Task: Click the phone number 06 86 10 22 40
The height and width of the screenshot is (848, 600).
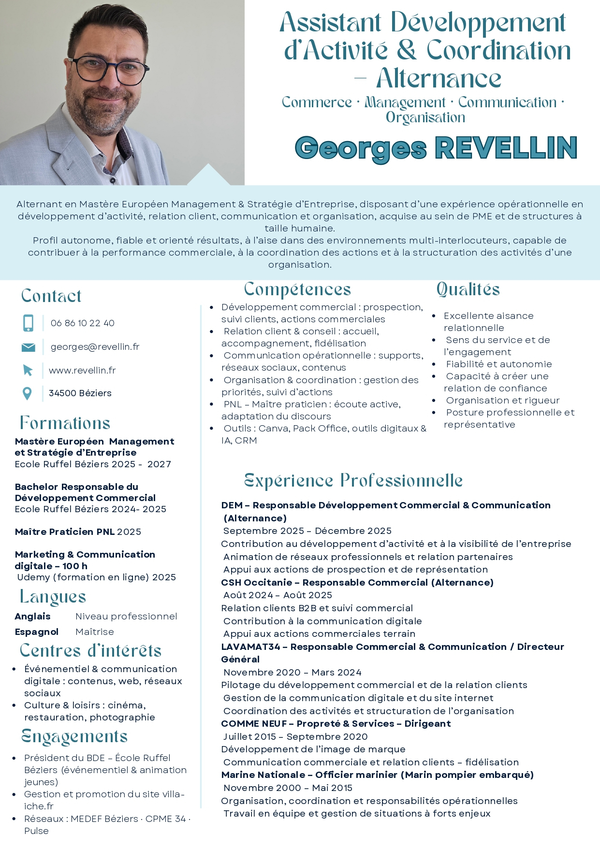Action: tap(82, 323)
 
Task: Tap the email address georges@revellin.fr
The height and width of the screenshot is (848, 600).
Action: tap(95, 347)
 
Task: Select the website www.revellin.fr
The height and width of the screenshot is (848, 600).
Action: tap(82, 371)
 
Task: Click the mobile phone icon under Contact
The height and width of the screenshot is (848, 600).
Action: tap(29, 323)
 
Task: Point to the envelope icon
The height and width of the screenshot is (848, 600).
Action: tap(28, 347)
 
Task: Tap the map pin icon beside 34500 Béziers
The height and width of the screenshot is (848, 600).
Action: tap(28, 394)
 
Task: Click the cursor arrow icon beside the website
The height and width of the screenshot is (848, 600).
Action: tap(28, 371)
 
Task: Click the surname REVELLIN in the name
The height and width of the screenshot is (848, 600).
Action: tap(506, 148)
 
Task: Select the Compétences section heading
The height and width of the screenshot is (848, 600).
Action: tap(297, 289)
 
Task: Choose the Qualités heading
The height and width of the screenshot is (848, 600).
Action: tap(468, 289)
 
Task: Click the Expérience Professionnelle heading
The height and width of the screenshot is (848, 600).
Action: tap(353, 481)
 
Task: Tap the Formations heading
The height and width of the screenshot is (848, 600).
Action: tap(65, 423)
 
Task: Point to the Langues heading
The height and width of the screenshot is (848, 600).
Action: tap(53, 597)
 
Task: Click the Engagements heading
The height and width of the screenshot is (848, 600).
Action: tap(75, 737)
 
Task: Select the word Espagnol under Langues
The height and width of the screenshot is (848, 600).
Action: tap(37, 632)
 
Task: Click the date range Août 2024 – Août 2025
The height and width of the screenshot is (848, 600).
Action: tap(278, 595)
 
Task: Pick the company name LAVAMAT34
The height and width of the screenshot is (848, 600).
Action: tap(250, 647)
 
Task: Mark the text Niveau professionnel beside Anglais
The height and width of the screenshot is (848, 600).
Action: tap(126, 617)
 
